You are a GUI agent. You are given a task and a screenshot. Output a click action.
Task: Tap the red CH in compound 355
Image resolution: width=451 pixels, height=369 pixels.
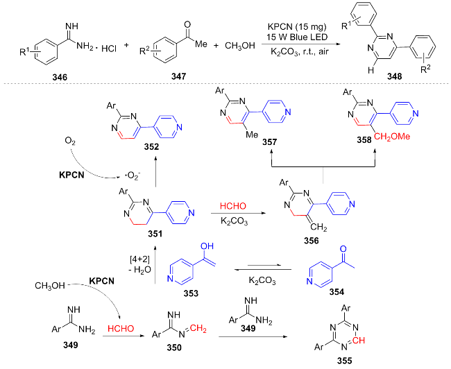coord(362,339)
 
